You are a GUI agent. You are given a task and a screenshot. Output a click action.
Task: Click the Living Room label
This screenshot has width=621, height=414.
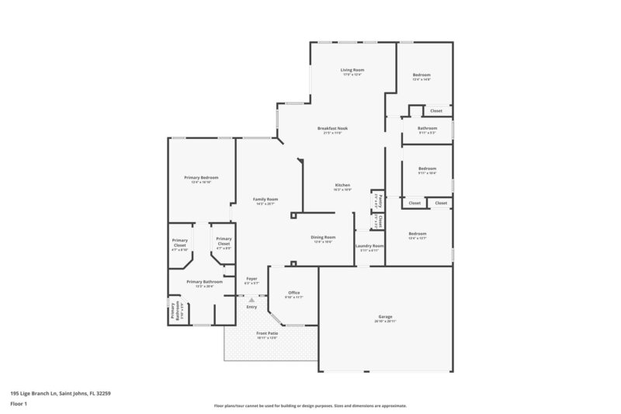click(x=352, y=70)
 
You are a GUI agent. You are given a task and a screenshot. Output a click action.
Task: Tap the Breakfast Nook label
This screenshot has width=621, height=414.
click(x=332, y=128)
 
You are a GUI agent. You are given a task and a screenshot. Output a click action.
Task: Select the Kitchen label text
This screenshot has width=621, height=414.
click(x=342, y=185)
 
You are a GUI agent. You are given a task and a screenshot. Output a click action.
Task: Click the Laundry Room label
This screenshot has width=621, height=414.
click(x=369, y=245)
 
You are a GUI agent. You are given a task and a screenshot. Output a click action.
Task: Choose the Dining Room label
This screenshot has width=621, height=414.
click(x=323, y=237)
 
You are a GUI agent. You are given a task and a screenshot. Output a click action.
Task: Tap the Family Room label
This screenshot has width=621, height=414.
click(x=265, y=200)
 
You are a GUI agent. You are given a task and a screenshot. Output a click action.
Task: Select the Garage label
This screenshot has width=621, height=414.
click(x=385, y=316)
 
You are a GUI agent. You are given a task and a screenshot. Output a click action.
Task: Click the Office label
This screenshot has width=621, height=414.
click(x=293, y=292)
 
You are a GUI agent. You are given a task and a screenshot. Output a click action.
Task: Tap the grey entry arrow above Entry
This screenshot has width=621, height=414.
click(x=251, y=300)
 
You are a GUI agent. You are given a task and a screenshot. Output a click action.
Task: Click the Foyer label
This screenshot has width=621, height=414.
click(x=252, y=278)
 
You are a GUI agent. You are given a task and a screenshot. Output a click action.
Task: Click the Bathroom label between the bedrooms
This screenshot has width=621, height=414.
click(x=427, y=128)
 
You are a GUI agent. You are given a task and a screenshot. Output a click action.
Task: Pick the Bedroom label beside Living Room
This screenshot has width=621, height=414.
click(x=422, y=75)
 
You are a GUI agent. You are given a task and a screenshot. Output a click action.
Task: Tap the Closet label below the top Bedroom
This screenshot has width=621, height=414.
click(x=436, y=111)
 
